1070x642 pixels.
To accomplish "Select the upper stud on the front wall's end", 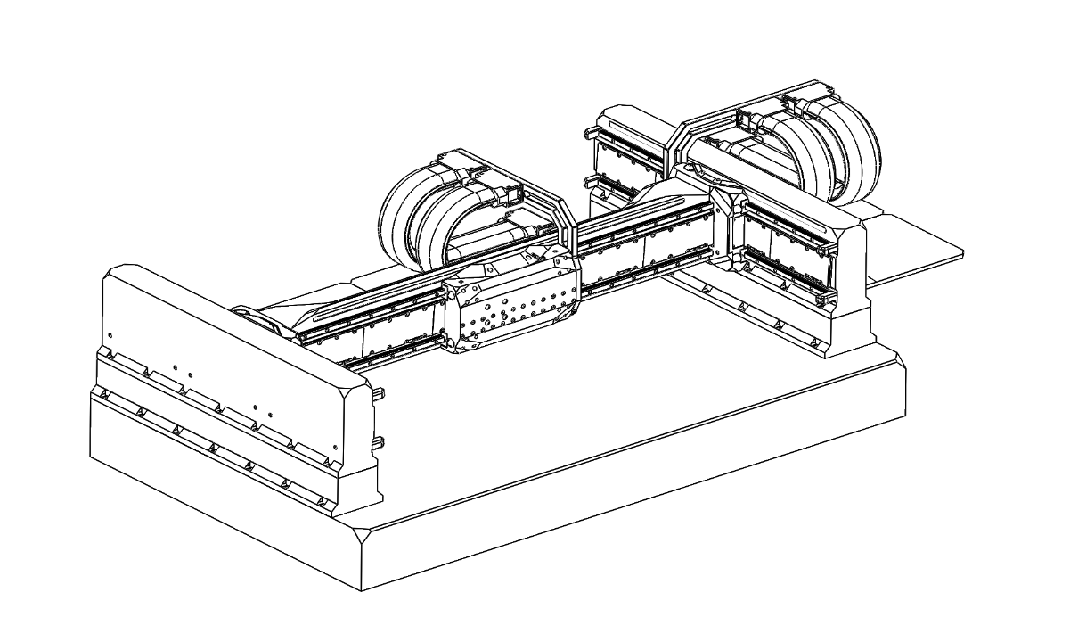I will pyautogui.click(x=381, y=394).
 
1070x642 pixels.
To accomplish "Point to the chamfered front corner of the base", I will pyautogui.click(x=361, y=538).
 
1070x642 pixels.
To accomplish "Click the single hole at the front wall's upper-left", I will pyautogui.click(x=110, y=336).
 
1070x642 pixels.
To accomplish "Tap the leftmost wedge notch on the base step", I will pyautogui.click(x=104, y=394).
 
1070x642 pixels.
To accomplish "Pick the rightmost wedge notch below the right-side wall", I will pyautogui.click(x=813, y=342).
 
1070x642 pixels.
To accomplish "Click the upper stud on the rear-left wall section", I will pyautogui.click(x=587, y=136).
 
